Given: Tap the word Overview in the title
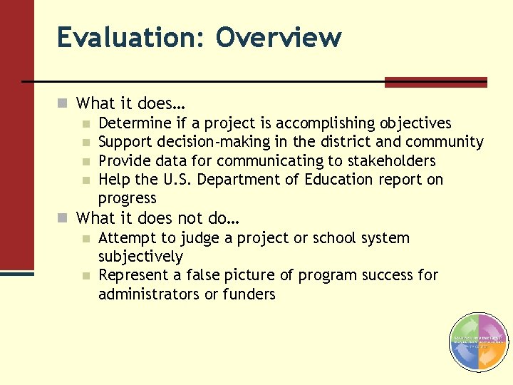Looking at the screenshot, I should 279,37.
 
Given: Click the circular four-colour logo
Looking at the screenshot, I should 478,342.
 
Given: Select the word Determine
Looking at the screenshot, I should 135,124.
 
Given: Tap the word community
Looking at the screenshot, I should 445,143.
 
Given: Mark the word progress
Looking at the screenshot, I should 127,198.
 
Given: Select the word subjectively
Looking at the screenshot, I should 140,257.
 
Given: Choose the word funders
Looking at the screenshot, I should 249,294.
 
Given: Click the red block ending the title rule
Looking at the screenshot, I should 435,82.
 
